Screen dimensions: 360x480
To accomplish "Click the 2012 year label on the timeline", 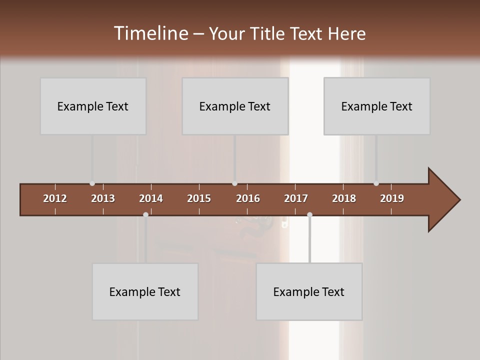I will click(x=55, y=198).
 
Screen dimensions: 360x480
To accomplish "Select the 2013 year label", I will click(x=103, y=198).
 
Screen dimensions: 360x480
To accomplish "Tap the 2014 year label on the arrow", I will click(x=151, y=198).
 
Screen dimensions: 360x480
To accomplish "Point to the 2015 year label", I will click(x=199, y=198).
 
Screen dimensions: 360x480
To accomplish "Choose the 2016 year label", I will click(x=248, y=198).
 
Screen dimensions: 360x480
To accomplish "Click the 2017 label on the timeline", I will click(x=296, y=198).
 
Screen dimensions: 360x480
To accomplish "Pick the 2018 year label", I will click(x=344, y=198).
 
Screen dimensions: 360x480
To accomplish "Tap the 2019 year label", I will click(x=392, y=198).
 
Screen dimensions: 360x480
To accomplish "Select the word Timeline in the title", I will click(x=150, y=33).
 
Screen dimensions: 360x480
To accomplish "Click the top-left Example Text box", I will click(x=93, y=106).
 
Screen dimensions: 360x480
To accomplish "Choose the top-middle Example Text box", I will click(x=235, y=106).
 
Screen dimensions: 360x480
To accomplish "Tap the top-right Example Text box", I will click(x=377, y=106).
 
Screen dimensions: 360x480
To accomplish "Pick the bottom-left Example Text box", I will click(x=145, y=291).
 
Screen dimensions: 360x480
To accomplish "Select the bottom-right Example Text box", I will click(x=309, y=291).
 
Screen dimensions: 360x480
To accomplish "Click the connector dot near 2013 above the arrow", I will click(x=92, y=183).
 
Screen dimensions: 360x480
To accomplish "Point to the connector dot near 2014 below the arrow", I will click(x=145, y=214).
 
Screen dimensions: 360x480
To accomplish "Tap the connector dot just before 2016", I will click(x=234, y=183).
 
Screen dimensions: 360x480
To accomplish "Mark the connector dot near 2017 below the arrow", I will click(x=309, y=214).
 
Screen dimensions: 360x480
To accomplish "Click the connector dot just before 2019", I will click(x=376, y=183).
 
